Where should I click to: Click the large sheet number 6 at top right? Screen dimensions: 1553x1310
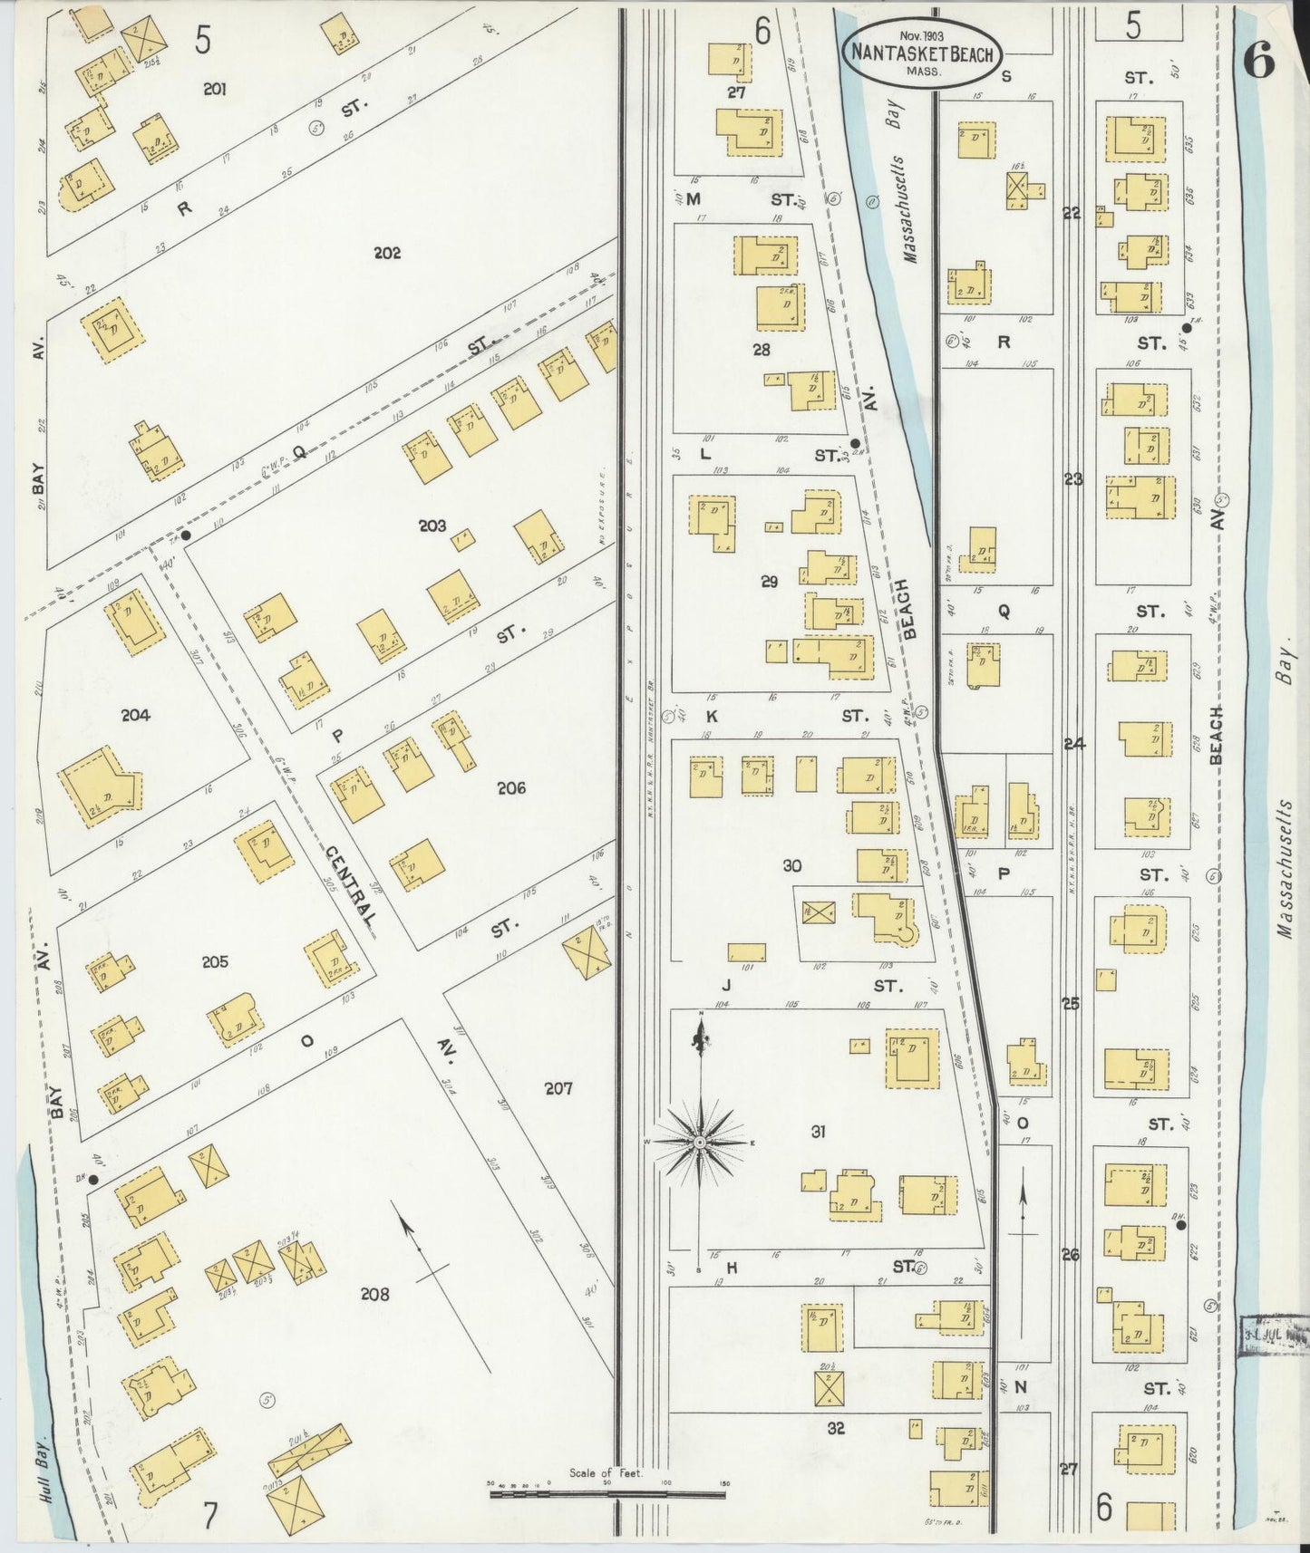tap(1258, 62)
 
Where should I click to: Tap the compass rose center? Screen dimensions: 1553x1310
tap(699, 1143)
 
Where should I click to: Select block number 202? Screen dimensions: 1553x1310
tap(387, 254)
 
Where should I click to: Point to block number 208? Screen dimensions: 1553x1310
tap(374, 1295)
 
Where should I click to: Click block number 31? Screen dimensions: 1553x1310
tap(819, 1132)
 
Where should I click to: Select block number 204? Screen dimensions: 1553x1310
tap(135, 716)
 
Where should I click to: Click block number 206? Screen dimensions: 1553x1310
tap(511, 788)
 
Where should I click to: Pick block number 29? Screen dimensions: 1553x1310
tap(770, 583)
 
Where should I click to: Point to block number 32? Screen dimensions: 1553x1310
tap(836, 1428)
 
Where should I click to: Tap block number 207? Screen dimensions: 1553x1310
tap(558, 1088)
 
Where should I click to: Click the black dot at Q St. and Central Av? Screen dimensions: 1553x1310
tap(186, 535)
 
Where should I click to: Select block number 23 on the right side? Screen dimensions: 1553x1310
tap(1073, 479)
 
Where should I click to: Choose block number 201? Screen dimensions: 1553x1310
tap(215, 89)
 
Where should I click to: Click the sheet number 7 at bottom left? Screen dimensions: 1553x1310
tap(210, 1517)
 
